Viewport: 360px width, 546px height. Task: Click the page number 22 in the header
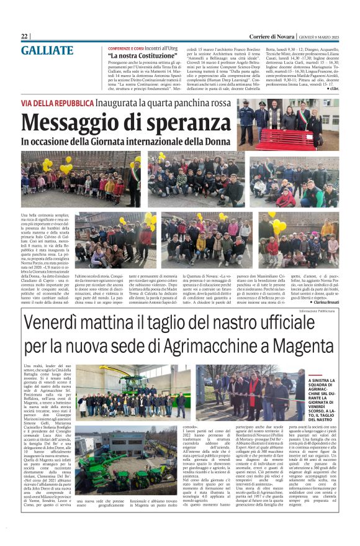pyautogui.click(x=25, y=36)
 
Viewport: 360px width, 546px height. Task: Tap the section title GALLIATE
pyautogui.click(x=47, y=50)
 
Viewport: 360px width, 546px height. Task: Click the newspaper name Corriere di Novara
pyautogui.click(x=273, y=36)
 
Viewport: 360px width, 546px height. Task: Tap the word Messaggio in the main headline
pyautogui.click(x=73, y=120)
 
